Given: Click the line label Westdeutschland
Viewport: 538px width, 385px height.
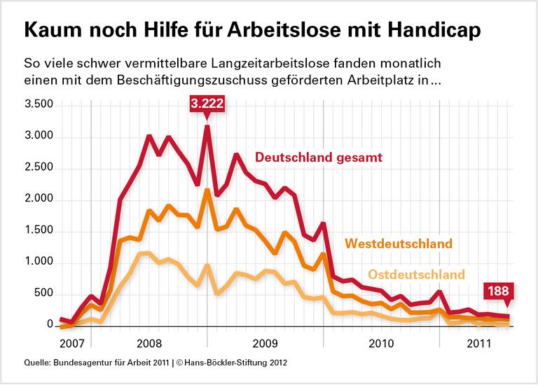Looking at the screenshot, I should (x=399, y=244).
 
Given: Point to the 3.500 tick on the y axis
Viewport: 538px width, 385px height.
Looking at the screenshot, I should (x=39, y=105).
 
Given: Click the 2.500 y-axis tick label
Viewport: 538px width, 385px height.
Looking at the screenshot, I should (x=39, y=168).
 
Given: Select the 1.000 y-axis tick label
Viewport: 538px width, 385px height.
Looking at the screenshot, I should (x=39, y=262).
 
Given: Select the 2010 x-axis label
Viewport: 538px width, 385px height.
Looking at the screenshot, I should (x=381, y=344).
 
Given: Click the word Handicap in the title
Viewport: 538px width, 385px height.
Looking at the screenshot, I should (x=430, y=32).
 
